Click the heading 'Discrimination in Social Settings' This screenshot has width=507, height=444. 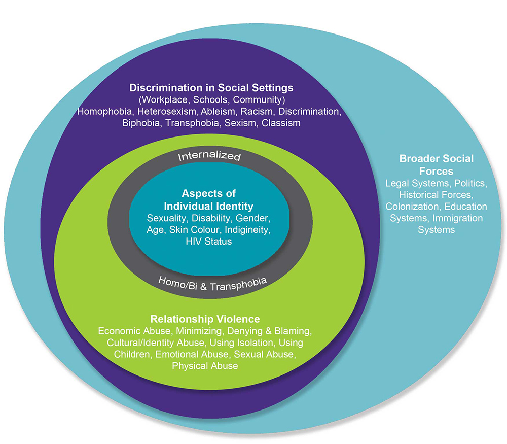click(x=211, y=87)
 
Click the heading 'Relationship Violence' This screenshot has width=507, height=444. click(x=205, y=319)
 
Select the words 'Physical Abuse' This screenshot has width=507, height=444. click(x=205, y=366)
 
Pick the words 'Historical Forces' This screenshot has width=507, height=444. click(x=436, y=195)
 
